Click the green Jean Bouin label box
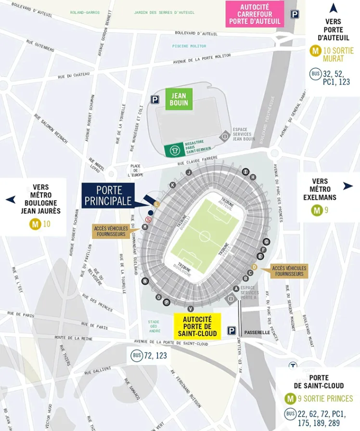coord(179,99)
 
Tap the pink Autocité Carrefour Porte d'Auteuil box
coord(255,14)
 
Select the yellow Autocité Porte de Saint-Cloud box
coord(197,327)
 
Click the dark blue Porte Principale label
coord(109,196)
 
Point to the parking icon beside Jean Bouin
coord(155,100)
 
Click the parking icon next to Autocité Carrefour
coord(294,14)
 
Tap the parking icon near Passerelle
coord(231,331)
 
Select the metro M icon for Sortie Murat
coord(316,50)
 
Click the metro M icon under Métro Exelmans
coord(317,210)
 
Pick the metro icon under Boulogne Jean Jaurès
coord(35,223)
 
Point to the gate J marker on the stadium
coord(189,172)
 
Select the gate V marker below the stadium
coord(191,309)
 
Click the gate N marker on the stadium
coord(144,281)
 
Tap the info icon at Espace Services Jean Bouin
coord(224,137)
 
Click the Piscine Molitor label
coord(189,46)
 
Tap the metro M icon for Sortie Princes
coord(290,398)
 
